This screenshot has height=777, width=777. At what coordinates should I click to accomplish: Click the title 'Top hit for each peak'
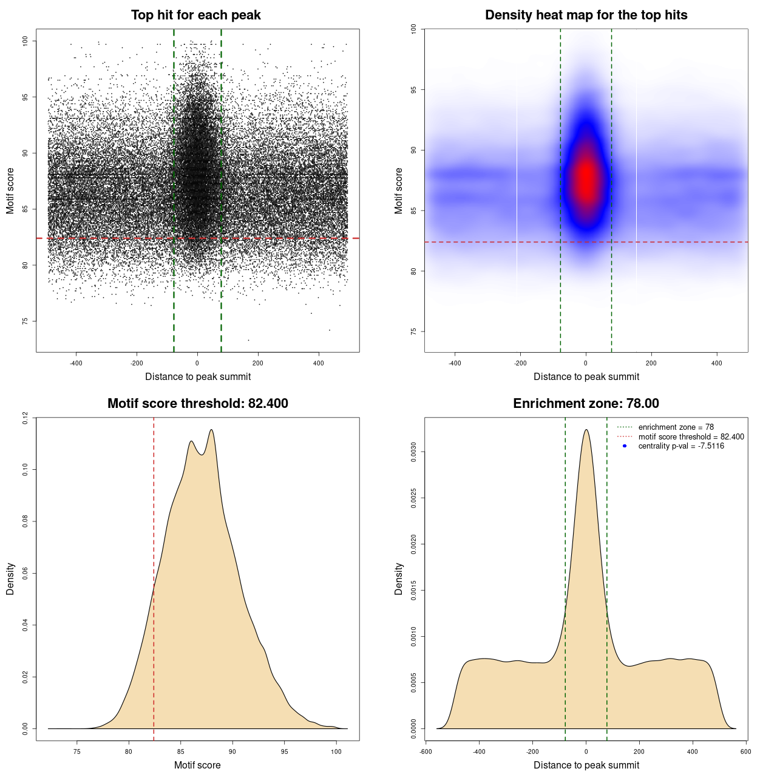[x=195, y=15]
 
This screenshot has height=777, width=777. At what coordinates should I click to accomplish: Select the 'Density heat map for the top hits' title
[x=586, y=15]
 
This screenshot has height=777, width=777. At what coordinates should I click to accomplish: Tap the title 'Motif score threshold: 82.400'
[x=197, y=404]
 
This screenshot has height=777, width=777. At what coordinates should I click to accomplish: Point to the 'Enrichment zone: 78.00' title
[x=586, y=404]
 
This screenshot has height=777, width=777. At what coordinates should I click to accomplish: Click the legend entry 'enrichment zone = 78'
[x=676, y=427]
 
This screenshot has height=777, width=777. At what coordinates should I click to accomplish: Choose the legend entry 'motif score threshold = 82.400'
[x=691, y=436]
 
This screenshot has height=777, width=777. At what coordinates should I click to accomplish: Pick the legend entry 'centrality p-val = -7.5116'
[x=681, y=446]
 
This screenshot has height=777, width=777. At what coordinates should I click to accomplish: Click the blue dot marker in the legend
[x=625, y=446]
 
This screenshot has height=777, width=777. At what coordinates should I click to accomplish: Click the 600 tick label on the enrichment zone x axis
[x=746, y=752]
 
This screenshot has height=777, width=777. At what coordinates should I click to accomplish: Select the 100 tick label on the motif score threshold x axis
[x=336, y=752]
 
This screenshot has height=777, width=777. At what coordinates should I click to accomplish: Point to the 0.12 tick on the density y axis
[x=25, y=418]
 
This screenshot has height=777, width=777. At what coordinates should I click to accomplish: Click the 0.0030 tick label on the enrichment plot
[x=413, y=452]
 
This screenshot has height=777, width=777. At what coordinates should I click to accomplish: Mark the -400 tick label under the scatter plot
[x=76, y=363]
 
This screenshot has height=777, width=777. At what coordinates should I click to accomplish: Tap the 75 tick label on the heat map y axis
[x=413, y=331]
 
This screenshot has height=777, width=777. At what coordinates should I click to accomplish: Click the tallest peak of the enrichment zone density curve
[x=586, y=430]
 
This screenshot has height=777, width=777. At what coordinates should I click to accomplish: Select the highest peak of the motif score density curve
[x=211, y=430]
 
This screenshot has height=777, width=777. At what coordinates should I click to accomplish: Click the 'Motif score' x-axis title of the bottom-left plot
[x=197, y=765]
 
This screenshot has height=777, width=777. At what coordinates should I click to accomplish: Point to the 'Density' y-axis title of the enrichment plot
[x=399, y=579]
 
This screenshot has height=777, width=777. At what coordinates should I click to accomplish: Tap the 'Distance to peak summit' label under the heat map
[x=586, y=376]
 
